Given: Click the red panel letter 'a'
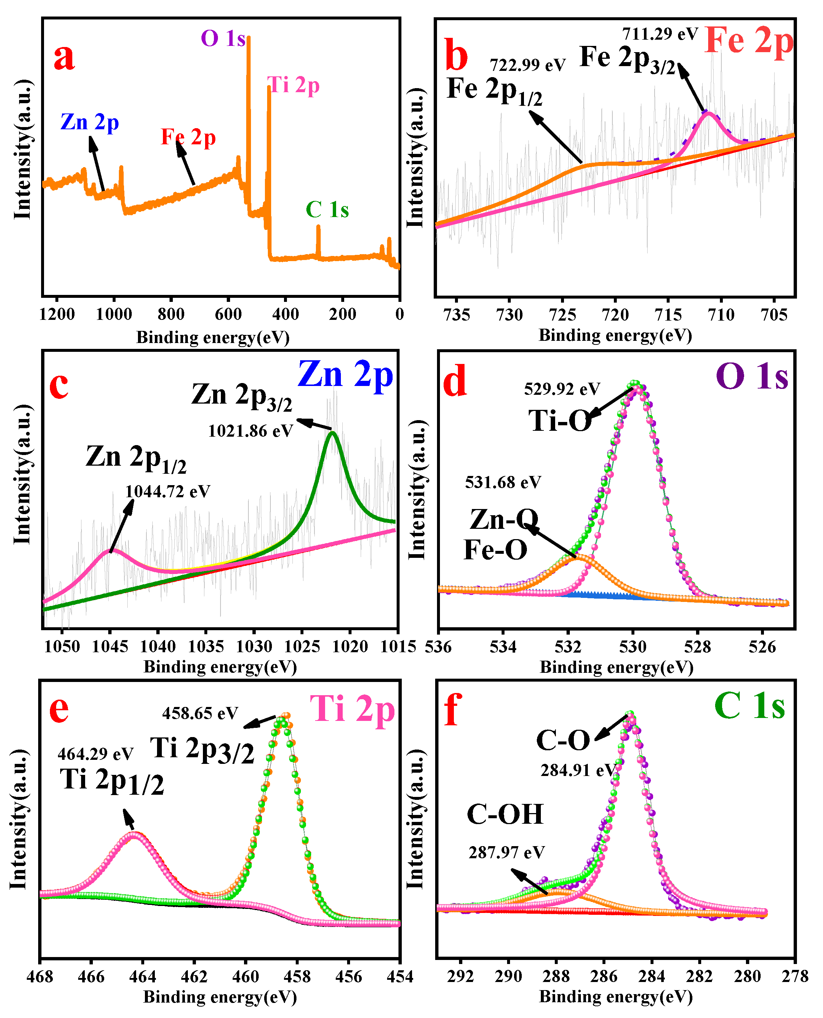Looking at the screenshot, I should tap(64, 58).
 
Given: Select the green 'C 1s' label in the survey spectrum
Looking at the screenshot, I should tap(327, 210).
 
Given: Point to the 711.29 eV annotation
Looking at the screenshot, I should tap(660, 34).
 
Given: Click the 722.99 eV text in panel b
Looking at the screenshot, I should tap(527, 65).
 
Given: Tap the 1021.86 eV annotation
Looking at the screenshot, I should tap(250, 431).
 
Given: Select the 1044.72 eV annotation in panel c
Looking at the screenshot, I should tap(167, 491).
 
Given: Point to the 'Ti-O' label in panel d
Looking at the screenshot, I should tap(560, 420).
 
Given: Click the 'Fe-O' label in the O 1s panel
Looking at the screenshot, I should tap(495, 550).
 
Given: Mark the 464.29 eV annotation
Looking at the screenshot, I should tap(95, 754).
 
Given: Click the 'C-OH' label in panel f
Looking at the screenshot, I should tap(505, 815).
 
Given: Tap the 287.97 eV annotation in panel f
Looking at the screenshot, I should tap(507, 852).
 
